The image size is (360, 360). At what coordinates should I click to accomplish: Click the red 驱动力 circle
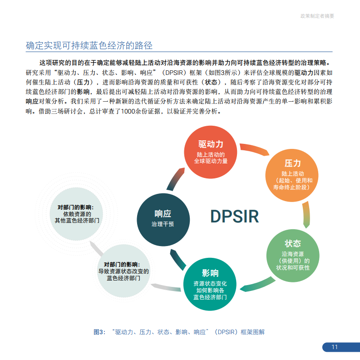coord(211,152)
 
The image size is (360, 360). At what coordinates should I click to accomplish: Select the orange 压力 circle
coord(292,175)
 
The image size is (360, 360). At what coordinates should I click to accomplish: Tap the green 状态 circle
coord(293,256)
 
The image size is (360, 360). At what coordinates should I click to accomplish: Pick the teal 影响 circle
coord(210,284)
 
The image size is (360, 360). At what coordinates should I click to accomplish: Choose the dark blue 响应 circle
coord(163,220)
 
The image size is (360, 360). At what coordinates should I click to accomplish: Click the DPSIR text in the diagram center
coord(234,217)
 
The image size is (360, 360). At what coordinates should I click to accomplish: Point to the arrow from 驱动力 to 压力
coord(254,148)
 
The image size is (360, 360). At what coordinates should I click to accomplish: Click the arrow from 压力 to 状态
coord(307,215)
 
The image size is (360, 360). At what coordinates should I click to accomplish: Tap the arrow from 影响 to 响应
coord(177,260)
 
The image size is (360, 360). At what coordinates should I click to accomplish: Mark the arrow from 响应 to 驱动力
coord(175,179)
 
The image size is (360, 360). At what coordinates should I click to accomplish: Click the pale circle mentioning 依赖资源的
coord(76,214)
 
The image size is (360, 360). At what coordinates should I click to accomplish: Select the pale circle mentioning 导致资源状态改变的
coord(123,271)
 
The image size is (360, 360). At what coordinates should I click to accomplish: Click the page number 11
coord(335,347)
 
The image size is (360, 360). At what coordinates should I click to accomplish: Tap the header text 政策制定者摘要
coord(317,16)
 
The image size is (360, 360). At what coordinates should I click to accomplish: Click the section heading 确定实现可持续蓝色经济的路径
coord(89,45)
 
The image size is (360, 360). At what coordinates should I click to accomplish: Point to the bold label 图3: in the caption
coord(99,332)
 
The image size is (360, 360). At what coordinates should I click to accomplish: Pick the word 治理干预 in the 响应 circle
coord(163,224)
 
